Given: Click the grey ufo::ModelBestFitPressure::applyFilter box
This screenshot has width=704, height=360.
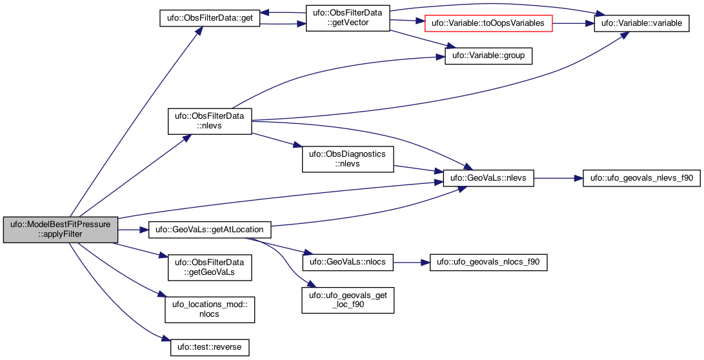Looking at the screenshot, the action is pos(61,230).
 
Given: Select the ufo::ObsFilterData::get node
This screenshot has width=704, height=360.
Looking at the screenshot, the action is pos(210,19).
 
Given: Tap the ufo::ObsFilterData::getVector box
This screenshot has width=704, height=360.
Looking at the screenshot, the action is pos(348,19).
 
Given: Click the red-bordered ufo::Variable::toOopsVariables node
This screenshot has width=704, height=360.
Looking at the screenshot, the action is pos(488,23).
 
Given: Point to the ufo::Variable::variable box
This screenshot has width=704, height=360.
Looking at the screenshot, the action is pos(641,23).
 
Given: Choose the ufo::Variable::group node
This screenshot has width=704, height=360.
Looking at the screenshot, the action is pos(488,56).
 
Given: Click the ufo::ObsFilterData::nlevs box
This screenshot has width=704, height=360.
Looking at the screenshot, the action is pos(210,121).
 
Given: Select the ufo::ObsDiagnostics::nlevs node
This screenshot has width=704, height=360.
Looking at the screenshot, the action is pos(348,159).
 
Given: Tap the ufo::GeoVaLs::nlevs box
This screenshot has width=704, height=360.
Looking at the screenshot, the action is pos(488,178).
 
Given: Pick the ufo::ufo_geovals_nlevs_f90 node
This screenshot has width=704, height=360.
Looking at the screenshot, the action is pos(641,178).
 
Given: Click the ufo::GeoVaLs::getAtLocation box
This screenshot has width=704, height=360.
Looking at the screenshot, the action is pos(210,230).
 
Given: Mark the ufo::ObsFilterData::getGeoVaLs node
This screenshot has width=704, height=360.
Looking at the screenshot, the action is pos(210,268).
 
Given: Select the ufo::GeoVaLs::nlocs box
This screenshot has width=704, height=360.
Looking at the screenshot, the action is pos(348,262).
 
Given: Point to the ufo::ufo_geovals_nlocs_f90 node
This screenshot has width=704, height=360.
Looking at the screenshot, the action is pos(488,262).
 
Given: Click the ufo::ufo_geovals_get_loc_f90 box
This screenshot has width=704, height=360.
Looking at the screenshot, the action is pos(348,300).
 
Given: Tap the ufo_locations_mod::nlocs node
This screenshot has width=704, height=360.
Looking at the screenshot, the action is pos(210,309).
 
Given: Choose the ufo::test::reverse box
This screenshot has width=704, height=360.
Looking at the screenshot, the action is pos(210,348).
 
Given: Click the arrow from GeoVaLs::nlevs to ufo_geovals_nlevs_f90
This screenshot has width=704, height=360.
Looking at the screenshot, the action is pos(559,178).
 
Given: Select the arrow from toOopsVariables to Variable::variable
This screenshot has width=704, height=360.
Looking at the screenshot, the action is pos(574,23).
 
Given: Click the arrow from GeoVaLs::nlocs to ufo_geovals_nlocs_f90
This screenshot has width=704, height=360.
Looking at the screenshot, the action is pos(411,262).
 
